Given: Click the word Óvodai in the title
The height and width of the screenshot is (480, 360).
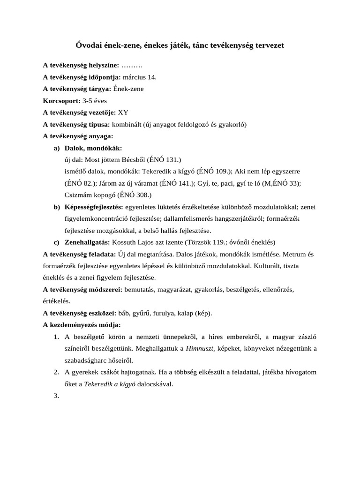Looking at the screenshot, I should tap(89, 45).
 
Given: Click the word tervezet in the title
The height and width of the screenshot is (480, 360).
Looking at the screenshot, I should tap(267, 45).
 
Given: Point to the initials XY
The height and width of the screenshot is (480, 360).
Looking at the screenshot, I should tap(123, 112).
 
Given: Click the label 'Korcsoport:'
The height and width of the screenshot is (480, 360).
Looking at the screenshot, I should tap(61, 100).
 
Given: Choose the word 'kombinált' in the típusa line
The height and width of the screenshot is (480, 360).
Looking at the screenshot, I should tap(127, 124).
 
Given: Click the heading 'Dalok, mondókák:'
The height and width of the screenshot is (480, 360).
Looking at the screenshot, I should tap(93, 148).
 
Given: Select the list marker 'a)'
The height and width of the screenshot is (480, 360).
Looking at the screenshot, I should tap(57, 148).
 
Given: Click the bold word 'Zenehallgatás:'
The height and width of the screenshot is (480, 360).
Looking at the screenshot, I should tap(87, 242).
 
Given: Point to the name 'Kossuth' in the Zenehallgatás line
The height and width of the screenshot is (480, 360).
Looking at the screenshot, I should tap(124, 242).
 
